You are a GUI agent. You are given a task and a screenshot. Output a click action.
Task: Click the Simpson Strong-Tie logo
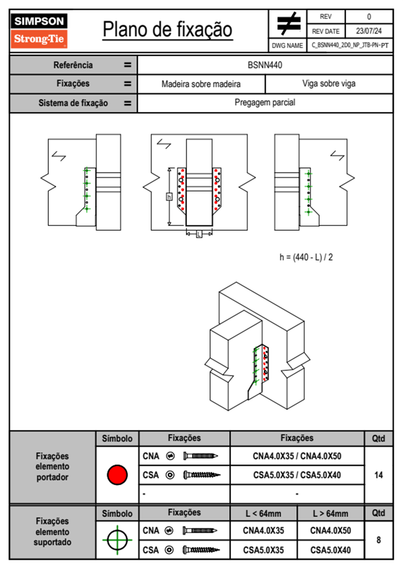click(39, 30)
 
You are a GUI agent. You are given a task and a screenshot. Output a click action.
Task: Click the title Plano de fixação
click(167, 30)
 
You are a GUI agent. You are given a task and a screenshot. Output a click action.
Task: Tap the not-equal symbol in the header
click(288, 24)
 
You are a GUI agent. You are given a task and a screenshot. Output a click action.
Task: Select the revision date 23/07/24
click(368, 31)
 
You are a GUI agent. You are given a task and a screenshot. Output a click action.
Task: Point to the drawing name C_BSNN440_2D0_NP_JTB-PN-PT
click(350, 45)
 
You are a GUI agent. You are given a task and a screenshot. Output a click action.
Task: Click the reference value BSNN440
click(265, 65)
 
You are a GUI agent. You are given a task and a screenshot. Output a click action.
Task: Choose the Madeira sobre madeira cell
click(201, 84)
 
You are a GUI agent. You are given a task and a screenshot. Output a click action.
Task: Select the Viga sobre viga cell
click(329, 84)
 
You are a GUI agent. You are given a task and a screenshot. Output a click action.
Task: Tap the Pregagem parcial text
click(265, 103)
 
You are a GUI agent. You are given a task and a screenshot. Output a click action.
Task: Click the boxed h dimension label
click(169, 197)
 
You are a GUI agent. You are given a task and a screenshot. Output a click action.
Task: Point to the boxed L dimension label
click(199, 234)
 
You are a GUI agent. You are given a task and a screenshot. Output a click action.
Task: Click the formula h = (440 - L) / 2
click(306, 257)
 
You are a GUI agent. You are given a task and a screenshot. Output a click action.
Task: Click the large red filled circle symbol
click(117, 475)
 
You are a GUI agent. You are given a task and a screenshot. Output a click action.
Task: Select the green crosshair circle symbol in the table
click(117, 540)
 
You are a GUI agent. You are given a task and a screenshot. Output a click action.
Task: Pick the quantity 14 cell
click(378, 475)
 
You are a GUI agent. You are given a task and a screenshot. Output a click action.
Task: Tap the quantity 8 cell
click(378, 540)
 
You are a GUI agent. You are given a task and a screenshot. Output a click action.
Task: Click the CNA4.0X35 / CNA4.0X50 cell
click(297, 456)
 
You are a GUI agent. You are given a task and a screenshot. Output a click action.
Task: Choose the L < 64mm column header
click(263, 514)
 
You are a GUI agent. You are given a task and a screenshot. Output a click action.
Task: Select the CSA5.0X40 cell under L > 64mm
click(331, 550)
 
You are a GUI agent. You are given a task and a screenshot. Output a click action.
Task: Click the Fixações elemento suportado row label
click(52, 532)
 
